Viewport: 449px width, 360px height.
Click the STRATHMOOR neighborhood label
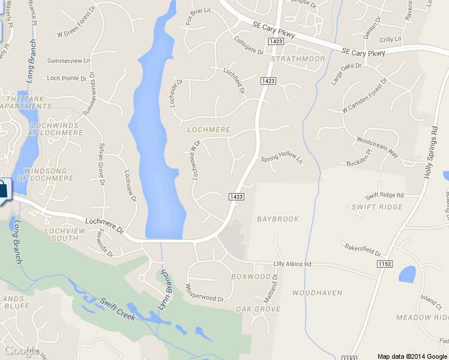tap(298, 59)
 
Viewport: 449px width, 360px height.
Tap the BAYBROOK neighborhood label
tap(277, 219)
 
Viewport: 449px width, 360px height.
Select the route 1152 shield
tap(385, 263)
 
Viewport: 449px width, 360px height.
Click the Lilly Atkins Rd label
tap(292, 263)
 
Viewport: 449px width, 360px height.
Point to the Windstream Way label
tap(378, 148)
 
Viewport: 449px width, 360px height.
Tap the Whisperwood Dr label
tap(205, 293)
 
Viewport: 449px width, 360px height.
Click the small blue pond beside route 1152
tap(408, 274)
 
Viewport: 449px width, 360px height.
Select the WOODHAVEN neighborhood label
tap(317, 293)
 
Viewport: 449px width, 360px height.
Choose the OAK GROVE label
tap(258, 309)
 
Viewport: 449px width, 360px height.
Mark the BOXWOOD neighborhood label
tap(251, 277)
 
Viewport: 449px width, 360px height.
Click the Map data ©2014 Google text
tap(412, 356)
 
